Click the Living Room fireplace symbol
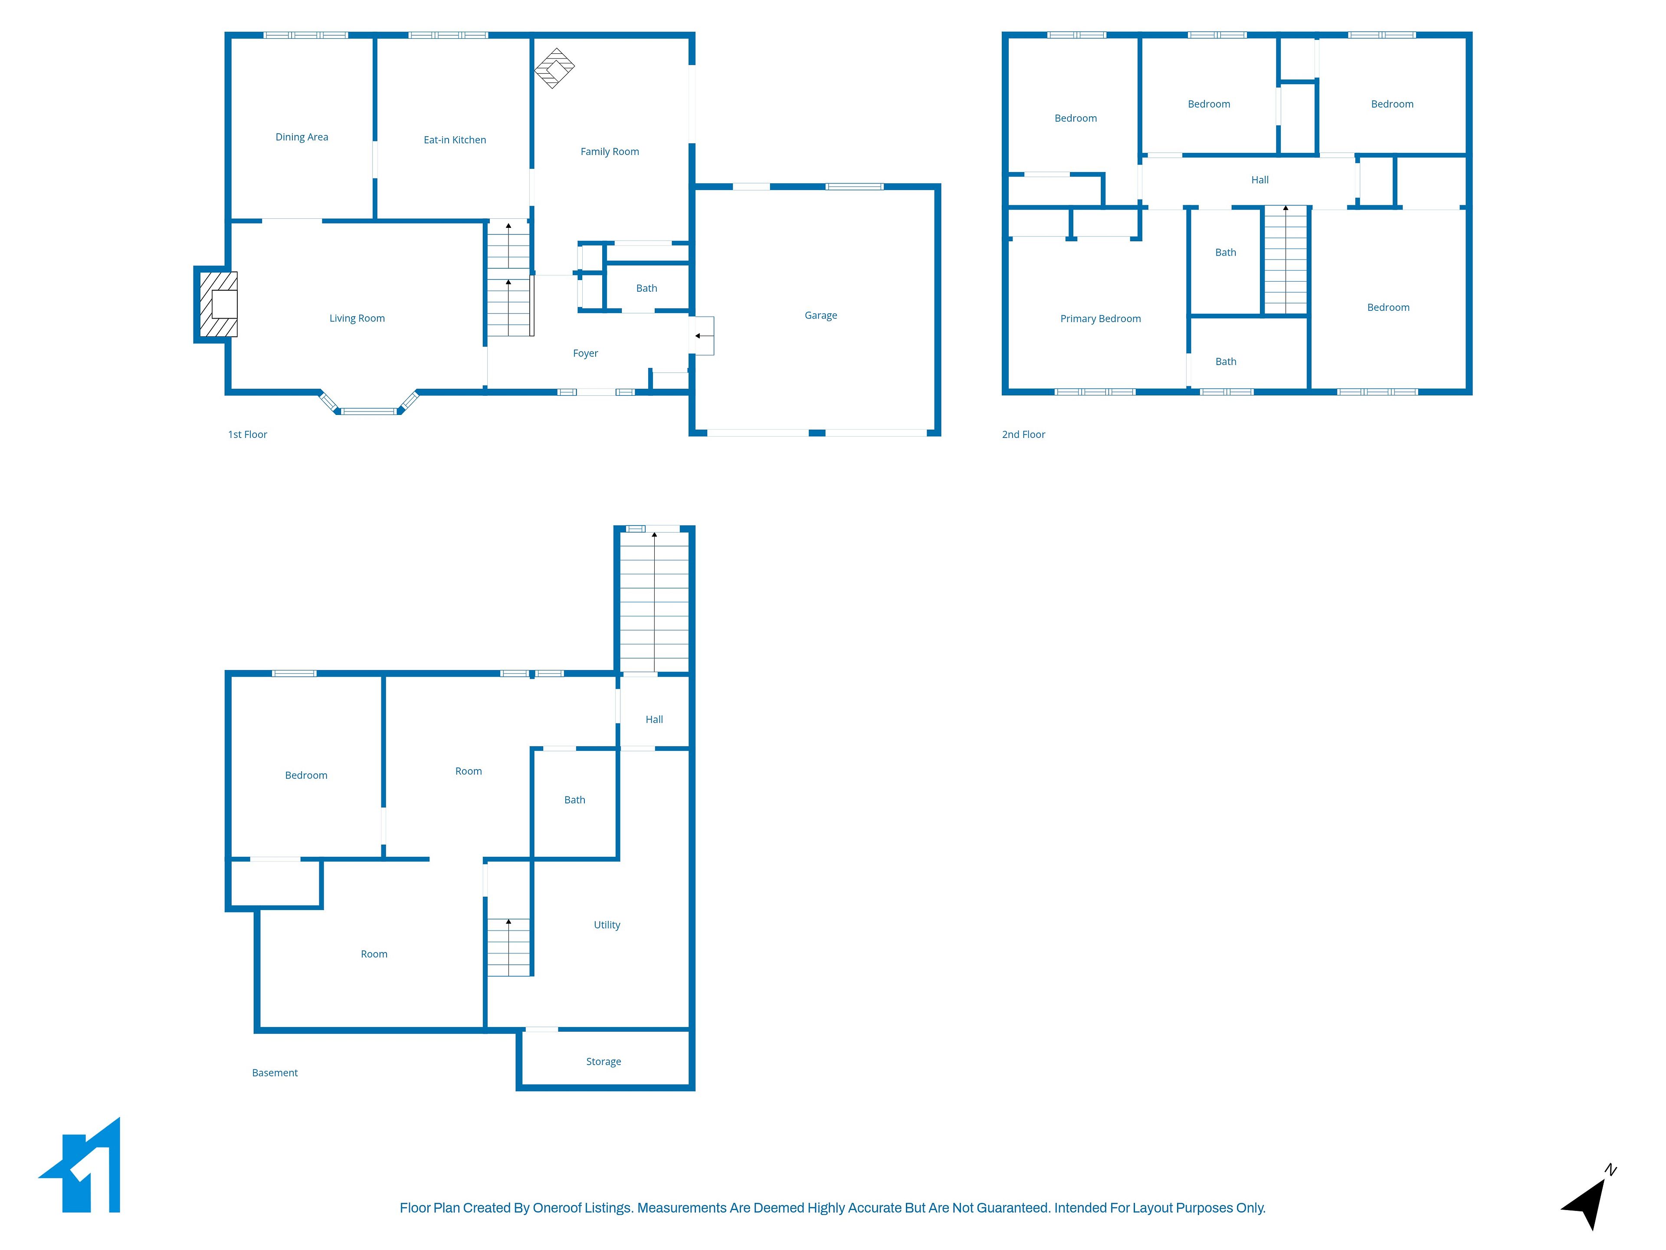click(218, 304)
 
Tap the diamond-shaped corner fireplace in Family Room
click(554, 69)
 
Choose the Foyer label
click(585, 353)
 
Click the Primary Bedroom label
click(1100, 319)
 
